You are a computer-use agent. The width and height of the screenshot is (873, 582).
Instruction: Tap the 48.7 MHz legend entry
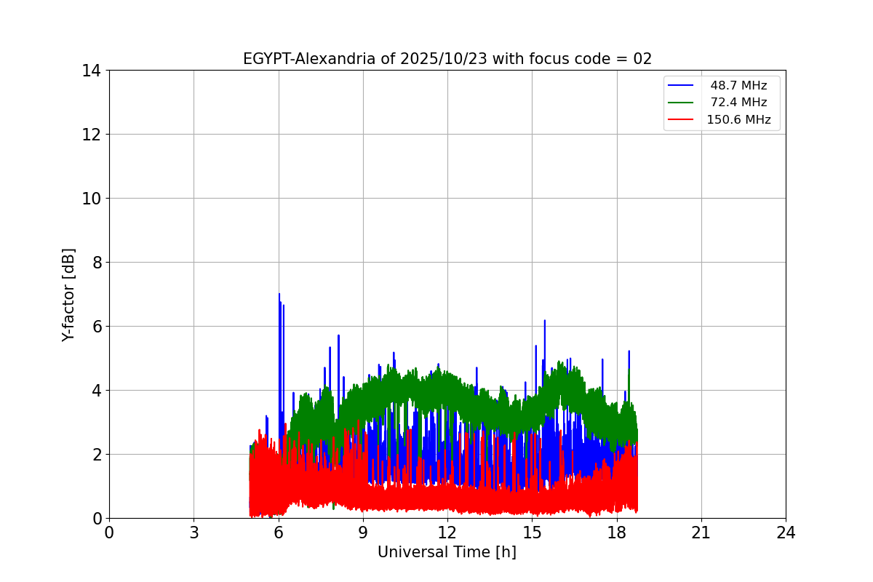[738, 86]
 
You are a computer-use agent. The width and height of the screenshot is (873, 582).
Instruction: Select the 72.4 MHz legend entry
[738, 103]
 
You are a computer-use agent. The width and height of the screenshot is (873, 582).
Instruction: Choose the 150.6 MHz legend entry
[738, 120]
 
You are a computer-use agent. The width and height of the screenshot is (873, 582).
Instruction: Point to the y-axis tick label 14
[91, 71]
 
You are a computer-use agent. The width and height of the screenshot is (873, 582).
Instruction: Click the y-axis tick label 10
[91, 199]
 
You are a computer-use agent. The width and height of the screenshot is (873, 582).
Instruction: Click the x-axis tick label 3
[194, 533]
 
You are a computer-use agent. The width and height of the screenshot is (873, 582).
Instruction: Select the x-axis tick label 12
[447, 533]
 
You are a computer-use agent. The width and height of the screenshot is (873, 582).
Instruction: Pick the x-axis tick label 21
[701, 533]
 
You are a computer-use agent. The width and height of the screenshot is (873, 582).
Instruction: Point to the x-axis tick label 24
[786, 533]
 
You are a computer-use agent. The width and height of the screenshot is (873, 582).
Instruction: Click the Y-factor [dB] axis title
[68, 295]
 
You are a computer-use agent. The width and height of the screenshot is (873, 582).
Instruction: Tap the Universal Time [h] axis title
[447, 552]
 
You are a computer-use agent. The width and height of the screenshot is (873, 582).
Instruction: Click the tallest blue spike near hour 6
[279, 295]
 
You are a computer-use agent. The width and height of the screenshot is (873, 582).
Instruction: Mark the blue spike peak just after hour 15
[544, 321]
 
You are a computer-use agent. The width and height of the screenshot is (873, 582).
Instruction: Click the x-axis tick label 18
[617, 533]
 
